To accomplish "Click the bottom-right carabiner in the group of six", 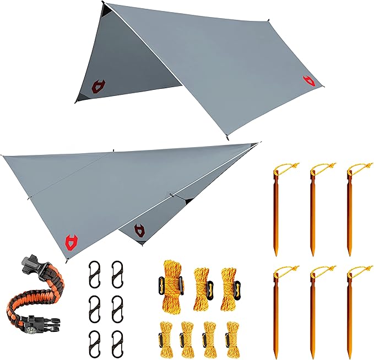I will [117, 342].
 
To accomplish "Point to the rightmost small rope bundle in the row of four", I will [230, 334].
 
